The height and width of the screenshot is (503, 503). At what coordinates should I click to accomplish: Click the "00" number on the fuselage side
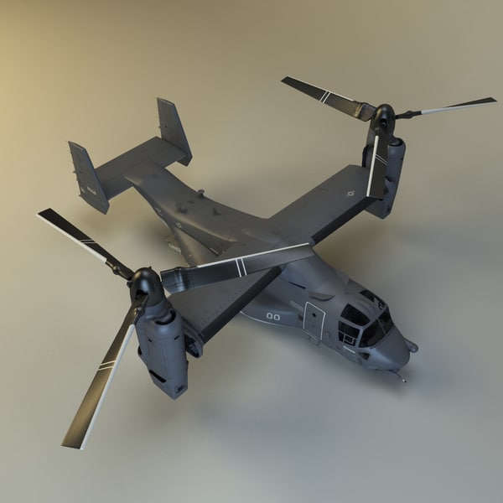(x=273, y=317)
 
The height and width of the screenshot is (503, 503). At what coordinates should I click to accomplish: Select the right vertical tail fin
(x=174, y=130)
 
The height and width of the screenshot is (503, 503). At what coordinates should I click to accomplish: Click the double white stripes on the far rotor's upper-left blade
(x=324, y=96)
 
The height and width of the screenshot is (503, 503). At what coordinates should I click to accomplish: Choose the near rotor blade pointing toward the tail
(x=80, y=239)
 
